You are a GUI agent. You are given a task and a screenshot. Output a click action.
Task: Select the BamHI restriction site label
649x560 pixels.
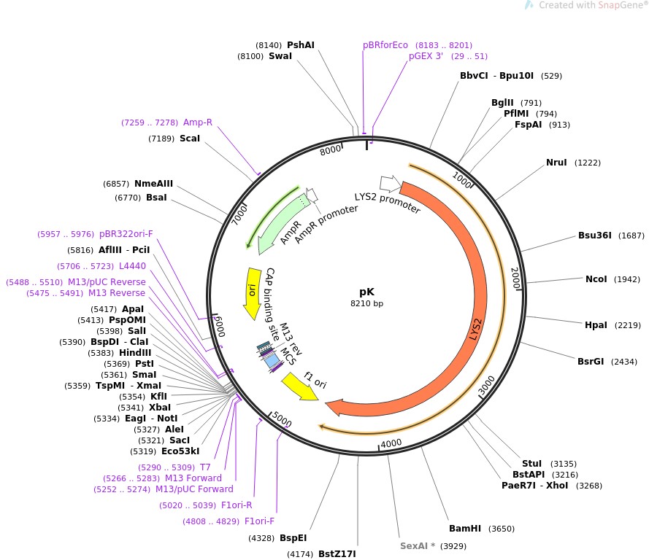coord(465,529)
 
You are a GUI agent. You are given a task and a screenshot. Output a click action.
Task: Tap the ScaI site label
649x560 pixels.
coord(190,138)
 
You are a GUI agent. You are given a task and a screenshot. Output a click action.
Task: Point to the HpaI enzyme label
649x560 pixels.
coord(596,324)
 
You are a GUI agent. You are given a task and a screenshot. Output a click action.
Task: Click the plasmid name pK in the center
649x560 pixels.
coord(367,290)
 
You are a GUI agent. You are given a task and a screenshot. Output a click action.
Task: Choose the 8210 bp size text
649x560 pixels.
coord(367,303)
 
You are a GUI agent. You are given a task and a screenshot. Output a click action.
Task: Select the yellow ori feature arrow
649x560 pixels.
coord(252,291)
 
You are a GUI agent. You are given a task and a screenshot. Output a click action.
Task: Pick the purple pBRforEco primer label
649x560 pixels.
coord(385,44)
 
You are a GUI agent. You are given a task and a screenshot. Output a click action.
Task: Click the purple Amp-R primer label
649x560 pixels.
coord(197,122)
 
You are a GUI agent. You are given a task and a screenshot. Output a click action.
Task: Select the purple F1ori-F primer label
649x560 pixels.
coord(259,521)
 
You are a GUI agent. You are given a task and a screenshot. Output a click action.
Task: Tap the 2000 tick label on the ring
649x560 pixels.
coord(515,278)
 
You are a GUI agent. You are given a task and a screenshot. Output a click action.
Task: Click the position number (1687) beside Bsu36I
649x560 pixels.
coord(631,236)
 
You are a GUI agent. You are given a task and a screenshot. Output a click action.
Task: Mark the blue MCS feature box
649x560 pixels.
coord(271,360)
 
